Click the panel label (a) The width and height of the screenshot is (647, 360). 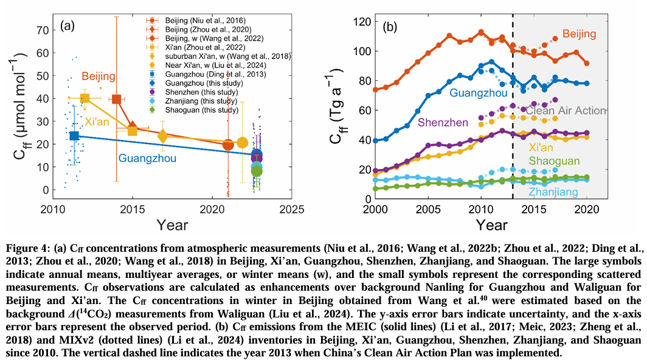tap(67, 26)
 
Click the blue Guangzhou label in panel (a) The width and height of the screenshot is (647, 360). tap(147, 159)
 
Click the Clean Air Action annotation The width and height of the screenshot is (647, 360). tap(566, 111)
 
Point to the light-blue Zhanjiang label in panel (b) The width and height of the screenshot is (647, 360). tap(553, 192)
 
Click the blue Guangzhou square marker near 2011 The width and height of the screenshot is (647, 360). tap(74, 136)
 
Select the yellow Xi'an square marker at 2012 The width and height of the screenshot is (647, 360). tap(85, 98)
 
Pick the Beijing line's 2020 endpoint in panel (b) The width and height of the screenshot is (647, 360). tap(586, 63)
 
